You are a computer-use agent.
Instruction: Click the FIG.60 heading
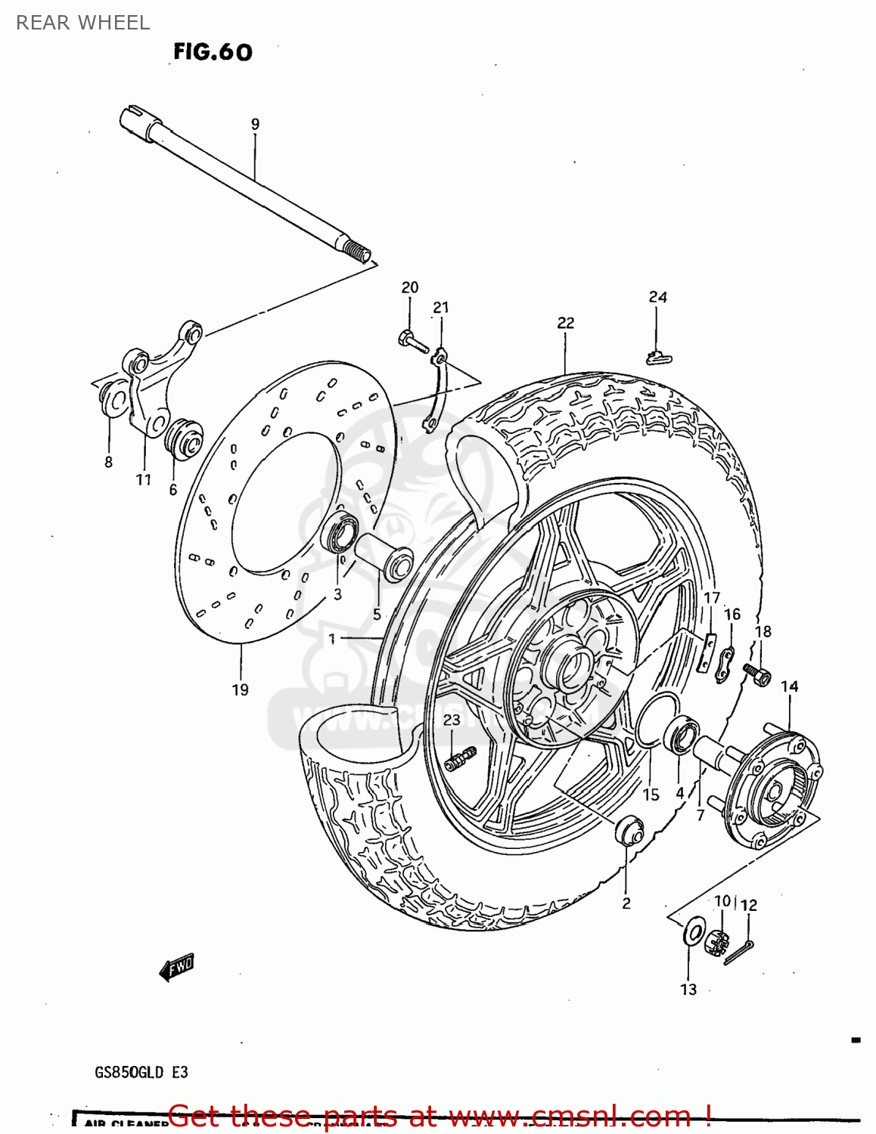coord(213,52)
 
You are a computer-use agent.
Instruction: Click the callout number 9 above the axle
coord(255,124)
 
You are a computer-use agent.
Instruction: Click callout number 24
coord(657,297)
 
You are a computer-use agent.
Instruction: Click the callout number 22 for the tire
coord(566,323)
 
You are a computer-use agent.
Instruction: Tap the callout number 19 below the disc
coord(240,689)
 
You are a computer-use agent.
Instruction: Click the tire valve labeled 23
coord(460,758)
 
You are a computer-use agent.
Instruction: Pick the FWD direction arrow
coord(177,966)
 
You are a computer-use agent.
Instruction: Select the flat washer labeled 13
coord(693,932)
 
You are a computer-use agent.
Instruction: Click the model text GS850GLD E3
coord(141,1072)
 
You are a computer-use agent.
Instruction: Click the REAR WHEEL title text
coord(83,23)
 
